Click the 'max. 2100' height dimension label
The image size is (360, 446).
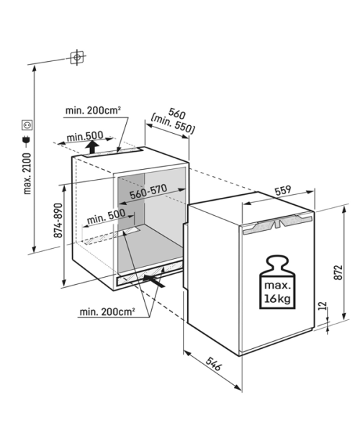pyautogui.click(x=27, y=173)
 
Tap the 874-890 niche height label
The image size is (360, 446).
pyautogui.click(x=58, y=220)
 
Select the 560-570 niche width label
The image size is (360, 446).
pyautogui.click(x=148, y=191)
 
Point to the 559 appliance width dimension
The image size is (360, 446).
pyautogui.click(x=283, y=191)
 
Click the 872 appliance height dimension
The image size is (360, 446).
pyautogui.click(x=338, y=272)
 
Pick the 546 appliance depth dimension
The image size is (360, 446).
pyautogui.click(x=213, y=364)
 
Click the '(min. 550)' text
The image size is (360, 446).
pyautogui.click(x=173, y=124)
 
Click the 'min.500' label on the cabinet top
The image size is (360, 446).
pyautogui.click(x=84, y=137)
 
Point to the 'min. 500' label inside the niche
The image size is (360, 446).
pyautogui.click(x=106, y=217)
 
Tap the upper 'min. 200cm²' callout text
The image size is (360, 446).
pyautogui.click(x=93, y=110)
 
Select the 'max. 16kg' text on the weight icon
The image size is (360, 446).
pyautogui.click(x=277, y=292)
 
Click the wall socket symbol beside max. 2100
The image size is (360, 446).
pyautogui.click(x=27, y=125)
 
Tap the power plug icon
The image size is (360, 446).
pyautogui.click(x=27, y=141)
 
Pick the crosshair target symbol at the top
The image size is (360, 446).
pyautogui.click(x=77, y=58)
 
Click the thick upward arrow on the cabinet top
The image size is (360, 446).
pyautogui.click(x=92, y=147)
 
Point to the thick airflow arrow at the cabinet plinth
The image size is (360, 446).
pyautogui.click(x=153, y=280)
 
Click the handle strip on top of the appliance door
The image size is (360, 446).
pyautogui.click(x=277, y=224)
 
